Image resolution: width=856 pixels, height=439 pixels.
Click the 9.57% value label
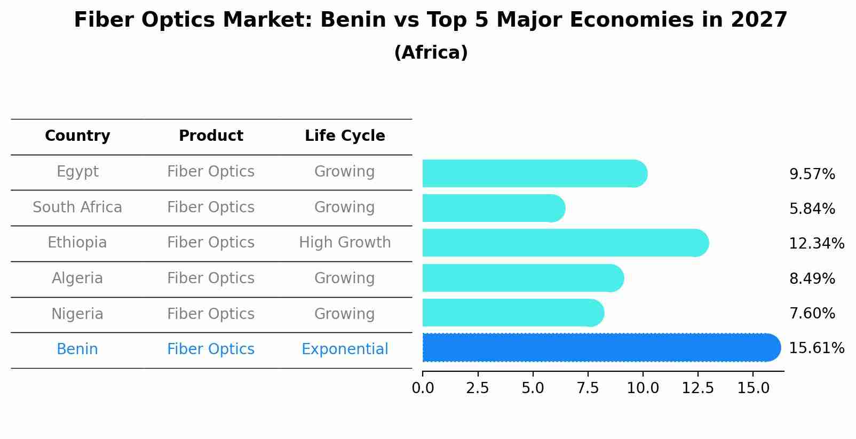click(x=812, y=174)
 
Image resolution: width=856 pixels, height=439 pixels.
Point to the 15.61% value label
click(x=816, y=348)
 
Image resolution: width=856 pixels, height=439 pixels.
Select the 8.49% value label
click(x=812, y=278)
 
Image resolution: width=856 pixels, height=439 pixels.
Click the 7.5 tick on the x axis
click(x=588, y=388)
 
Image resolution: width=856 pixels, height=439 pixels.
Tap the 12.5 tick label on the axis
click(x=698, y=388)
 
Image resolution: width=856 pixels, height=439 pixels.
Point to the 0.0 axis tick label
click(x=423, y=388)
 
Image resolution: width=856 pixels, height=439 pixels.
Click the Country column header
click(x=77, y=136)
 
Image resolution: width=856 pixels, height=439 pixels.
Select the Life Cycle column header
click(x=345, y=136)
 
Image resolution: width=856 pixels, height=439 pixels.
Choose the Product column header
click(x=211, y=136)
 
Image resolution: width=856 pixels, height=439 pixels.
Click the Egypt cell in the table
click(x=77, y=172)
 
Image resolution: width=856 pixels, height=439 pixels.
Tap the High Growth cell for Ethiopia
click(x=345, y=243)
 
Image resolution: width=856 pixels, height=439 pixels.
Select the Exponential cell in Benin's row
click(x=345, y=349)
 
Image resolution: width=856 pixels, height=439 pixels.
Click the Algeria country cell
click(x=77, y=278)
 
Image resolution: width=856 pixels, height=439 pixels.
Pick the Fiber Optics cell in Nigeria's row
click(x=211, y=314)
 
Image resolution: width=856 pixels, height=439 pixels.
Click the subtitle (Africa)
click(x=431, y=53)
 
